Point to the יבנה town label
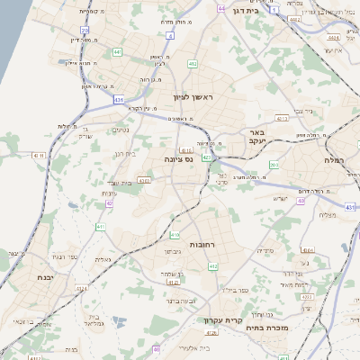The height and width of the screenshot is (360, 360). pyautogui.click(x=40, y=277)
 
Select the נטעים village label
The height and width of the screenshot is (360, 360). pyautogui.click(x=120, y=130)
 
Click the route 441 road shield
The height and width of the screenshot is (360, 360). pyautogui.click(x=119, y=52)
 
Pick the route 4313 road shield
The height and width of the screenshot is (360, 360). pyautogui.click(x=282, y=118)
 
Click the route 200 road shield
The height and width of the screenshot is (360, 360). pyautogui.click(x=274, y=166)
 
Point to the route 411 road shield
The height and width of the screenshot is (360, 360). pyautogui.click(x=101, y=227)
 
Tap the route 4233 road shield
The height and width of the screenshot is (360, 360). pyautogui.click(x=144, y=180)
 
